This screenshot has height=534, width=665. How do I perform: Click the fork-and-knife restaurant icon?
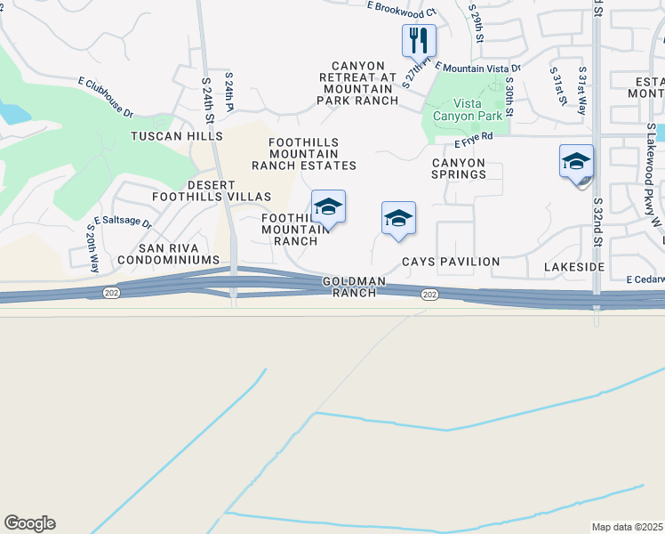(419, 40)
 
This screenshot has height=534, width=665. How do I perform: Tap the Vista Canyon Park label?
(468, 109)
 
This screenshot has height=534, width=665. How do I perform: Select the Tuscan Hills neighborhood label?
(177, 136)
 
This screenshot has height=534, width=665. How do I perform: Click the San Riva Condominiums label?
(179, 254)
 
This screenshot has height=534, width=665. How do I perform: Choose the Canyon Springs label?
(459, 169)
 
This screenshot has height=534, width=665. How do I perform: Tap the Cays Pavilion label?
(451, 263)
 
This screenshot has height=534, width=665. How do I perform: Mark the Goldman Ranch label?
(354, 287)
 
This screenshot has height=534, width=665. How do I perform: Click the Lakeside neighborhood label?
(573, 267)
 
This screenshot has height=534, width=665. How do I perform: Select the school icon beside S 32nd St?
(576, 163)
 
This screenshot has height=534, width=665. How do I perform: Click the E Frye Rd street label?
(474, 141)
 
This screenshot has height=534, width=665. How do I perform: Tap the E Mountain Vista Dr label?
(477, 68)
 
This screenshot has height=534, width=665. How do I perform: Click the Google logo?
(29, 523)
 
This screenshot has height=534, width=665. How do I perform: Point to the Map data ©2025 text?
(627, 527)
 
